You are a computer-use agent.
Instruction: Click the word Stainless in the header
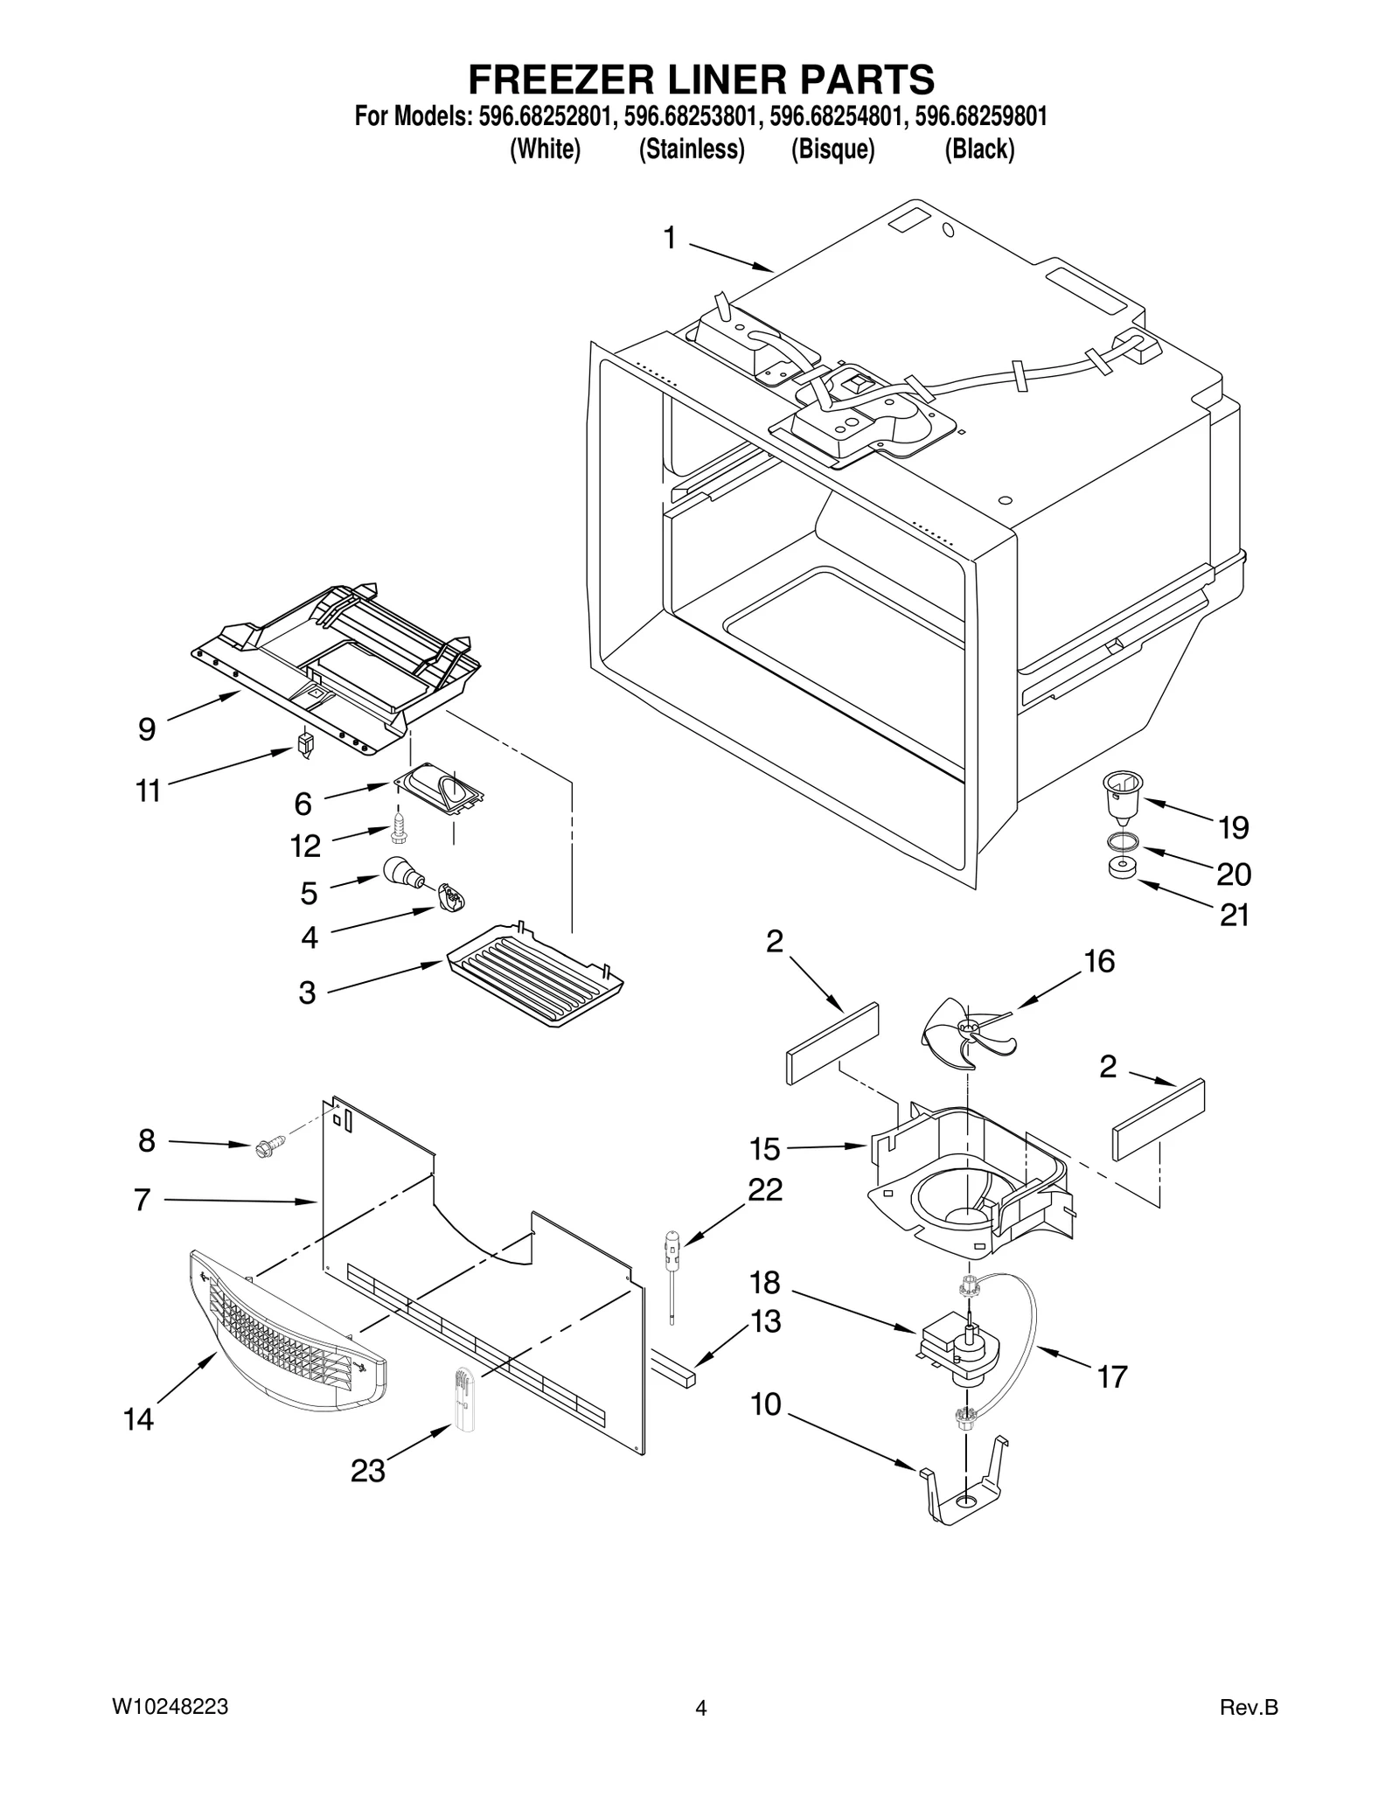click(x=692, y=150)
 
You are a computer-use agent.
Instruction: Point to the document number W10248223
click(x=171, y=1706)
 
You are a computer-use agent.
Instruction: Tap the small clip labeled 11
click(x=305, y=744)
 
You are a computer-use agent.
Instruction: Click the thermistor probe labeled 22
click(x=674, y=1269)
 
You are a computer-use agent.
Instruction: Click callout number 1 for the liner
click(x=670, y=238)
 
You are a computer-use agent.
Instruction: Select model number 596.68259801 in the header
click(x=980, y=116)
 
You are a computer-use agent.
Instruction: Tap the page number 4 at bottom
click(x=700, y=1708)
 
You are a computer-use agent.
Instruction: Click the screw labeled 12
click(x=400, y=827)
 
